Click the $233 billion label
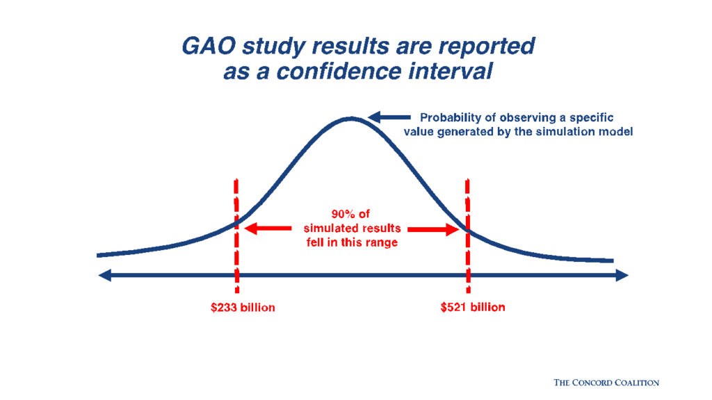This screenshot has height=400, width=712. pos(243,307)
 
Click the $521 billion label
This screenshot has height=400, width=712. pos(473,307)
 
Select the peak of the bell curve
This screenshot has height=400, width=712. pos(351,119)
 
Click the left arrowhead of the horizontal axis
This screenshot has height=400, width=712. pos(104,276)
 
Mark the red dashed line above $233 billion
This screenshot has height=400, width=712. pos(237,201)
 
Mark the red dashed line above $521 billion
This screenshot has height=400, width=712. pos(467,201)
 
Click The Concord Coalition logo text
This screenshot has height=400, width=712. pos(606,382)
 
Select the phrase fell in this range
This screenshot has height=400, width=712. pos(353,242)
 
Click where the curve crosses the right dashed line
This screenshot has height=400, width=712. pos(467,231)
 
